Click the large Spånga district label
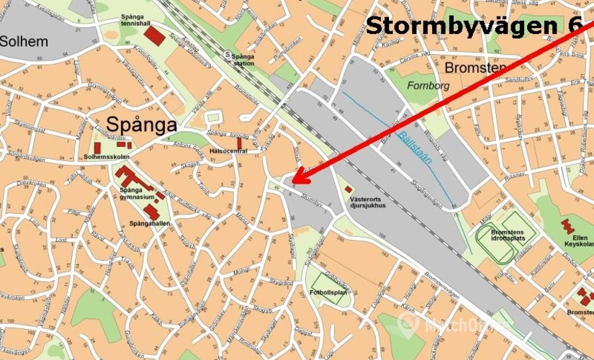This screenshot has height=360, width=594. [x=142, y=125]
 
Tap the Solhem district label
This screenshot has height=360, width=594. [x=24, y=41]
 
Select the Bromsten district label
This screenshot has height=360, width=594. [x=474, y=68]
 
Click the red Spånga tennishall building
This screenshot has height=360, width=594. [x=153, y=34]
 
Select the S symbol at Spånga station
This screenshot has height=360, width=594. [x=228, y=54]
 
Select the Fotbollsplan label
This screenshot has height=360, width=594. [x=329, y=292]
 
